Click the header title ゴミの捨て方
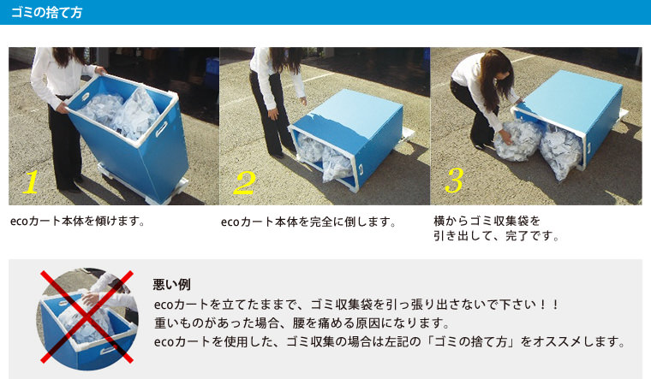tap(46, 13)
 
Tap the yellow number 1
tap(31, 182)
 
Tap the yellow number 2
tap(244, 183)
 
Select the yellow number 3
tap(454, 181)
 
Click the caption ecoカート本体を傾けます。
tap(78, 221)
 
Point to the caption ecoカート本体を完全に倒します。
tap(308, 222)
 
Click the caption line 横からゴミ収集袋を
tap(487, 221)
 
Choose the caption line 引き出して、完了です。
tap(496, 236)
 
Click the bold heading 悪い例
tap(172, 284)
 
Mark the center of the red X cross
tap(87, 317)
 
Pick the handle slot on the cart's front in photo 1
tap(162, 128)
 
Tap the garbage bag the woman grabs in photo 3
tap(517, 139)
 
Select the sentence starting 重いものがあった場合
tap(302, 323)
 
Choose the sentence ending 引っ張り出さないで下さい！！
tap(356, 305)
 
